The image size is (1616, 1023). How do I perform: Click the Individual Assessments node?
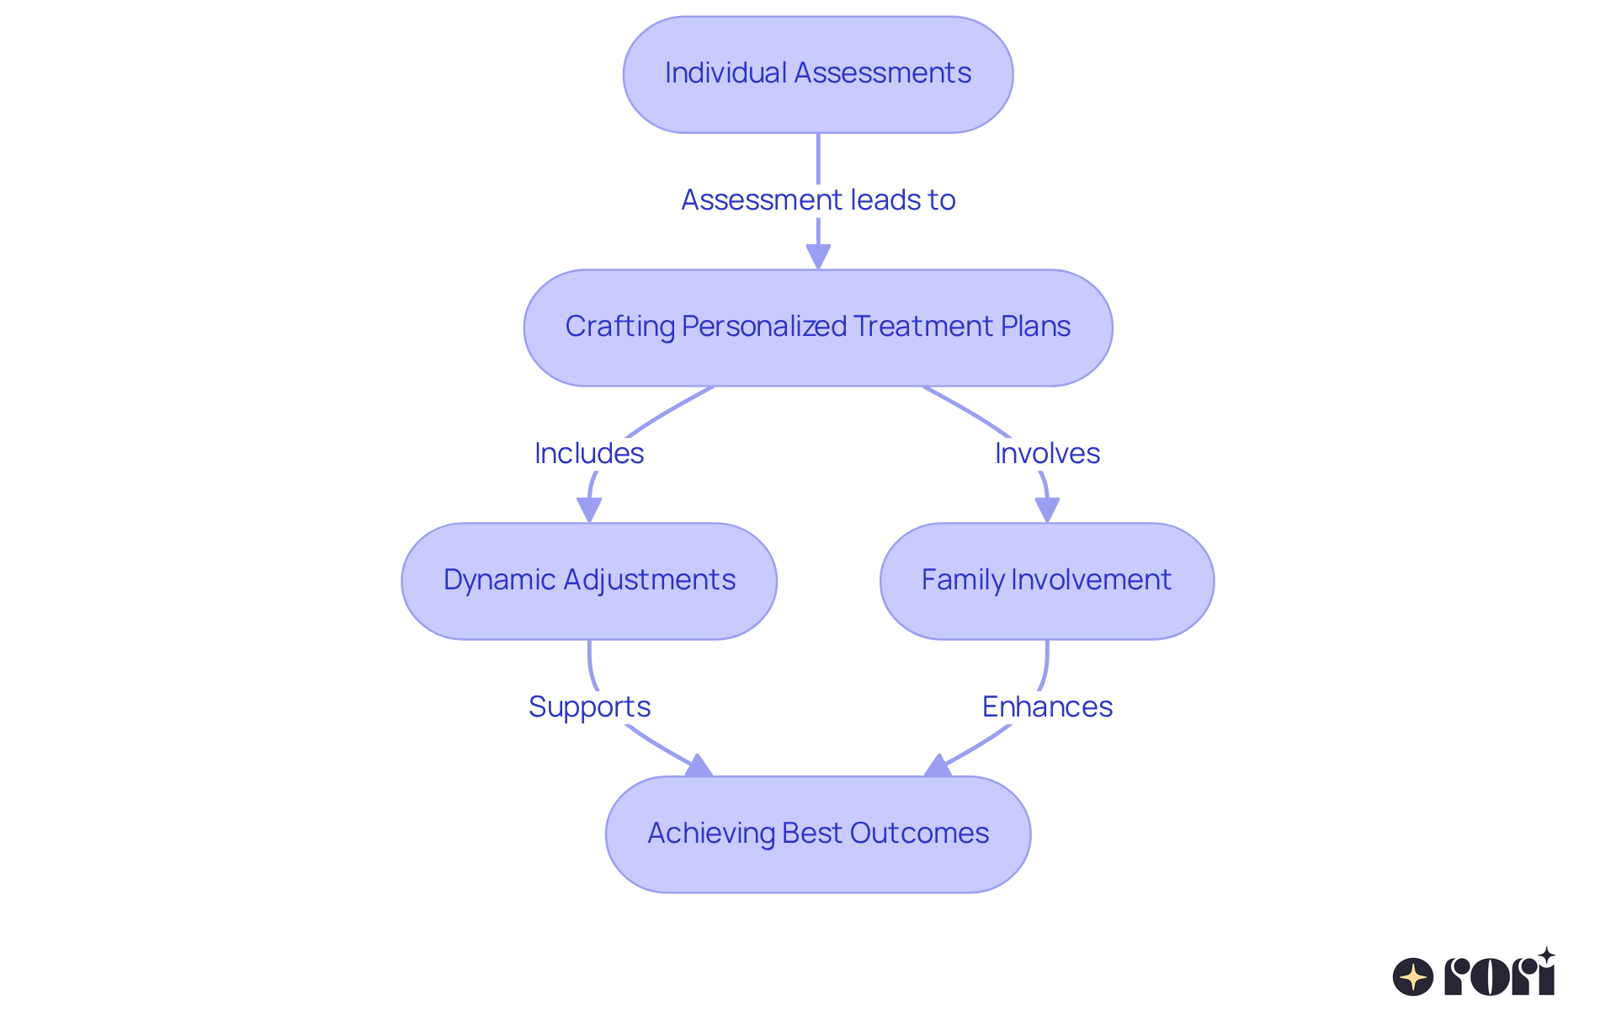point(817,74)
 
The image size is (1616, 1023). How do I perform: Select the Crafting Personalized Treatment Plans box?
point(817,328)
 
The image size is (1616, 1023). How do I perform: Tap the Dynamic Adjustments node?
point(588,581)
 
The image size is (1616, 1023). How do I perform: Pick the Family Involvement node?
point(1046,581)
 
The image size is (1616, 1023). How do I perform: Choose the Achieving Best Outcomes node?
point(817,834)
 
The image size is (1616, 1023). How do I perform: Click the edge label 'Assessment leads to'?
point(817,200)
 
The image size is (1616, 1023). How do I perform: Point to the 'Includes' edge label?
point(588,454)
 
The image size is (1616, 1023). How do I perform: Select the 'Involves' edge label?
point(1046,454)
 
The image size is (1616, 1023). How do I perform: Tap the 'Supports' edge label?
point(588,706)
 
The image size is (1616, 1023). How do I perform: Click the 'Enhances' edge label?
point(1046,706)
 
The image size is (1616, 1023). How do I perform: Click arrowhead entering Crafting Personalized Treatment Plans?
point(817,257)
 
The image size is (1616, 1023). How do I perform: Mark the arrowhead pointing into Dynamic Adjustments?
point(588,510)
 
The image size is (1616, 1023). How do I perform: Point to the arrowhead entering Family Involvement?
point(1046,510)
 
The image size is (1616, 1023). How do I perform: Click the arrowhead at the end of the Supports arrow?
point(699,766)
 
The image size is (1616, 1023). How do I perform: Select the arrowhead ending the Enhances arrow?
point(936,766)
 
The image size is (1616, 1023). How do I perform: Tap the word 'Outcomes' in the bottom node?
point(919,834)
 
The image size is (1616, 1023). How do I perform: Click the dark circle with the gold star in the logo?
point(1412,977)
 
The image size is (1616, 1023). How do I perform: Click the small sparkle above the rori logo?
point(1546,955)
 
